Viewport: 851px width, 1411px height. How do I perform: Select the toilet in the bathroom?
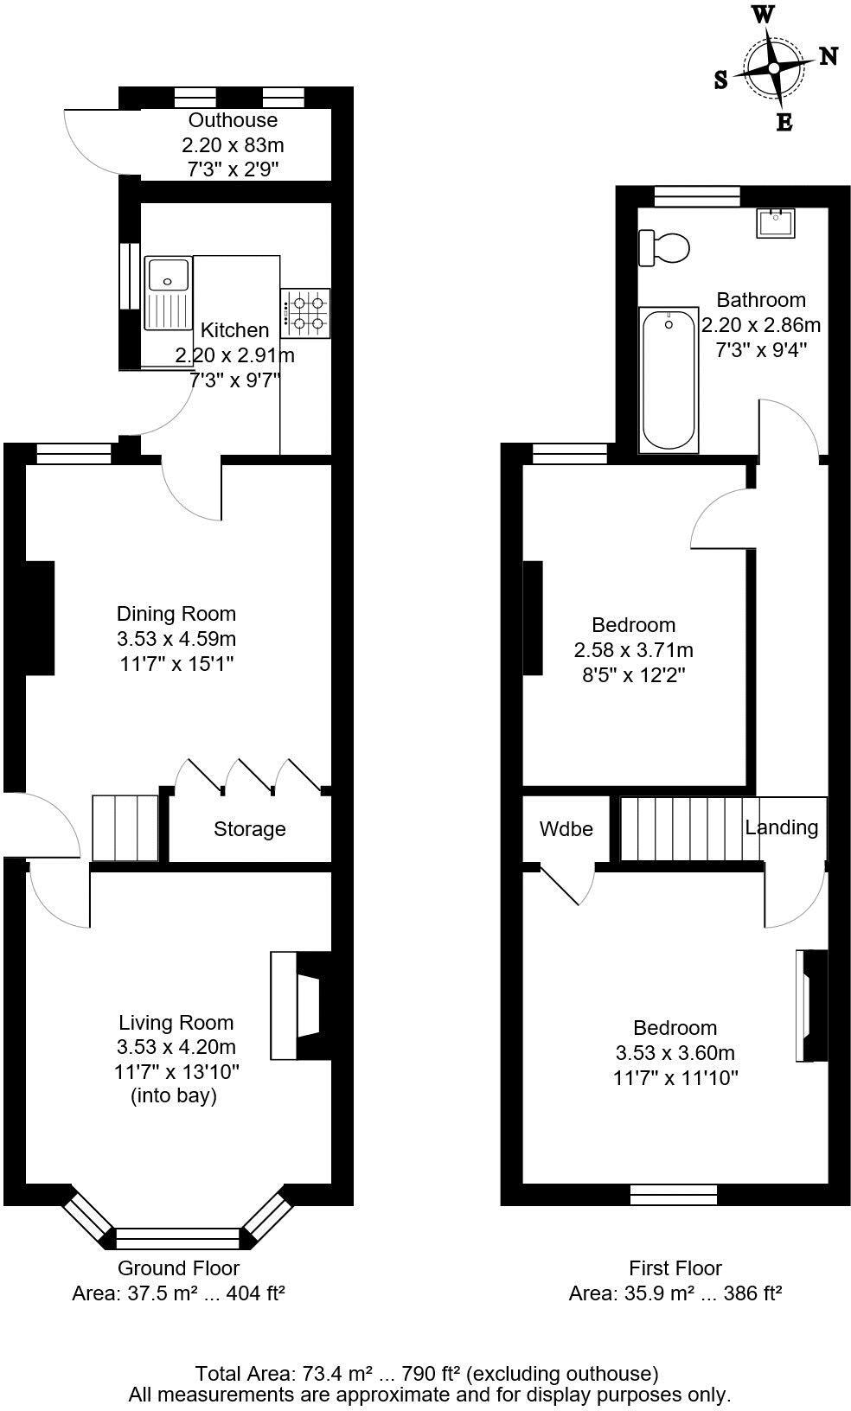pos(663,248)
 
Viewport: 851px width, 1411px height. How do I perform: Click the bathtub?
pos(668,379)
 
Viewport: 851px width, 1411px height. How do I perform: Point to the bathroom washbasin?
pos(777,223)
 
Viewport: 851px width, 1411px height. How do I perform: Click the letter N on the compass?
pos(828,56)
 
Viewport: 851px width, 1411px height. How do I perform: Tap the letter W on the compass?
pos(762,14)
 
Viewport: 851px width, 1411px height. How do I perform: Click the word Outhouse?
pos(233,120)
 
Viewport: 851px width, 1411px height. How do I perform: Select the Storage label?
pos(249,829)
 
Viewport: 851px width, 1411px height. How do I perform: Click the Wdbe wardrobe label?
pos(566,829)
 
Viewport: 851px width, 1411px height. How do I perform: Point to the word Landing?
pos(781,827)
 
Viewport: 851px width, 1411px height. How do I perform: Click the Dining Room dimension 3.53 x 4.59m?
pos(176,639)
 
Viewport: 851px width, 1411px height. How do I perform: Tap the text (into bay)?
pos(174,1095)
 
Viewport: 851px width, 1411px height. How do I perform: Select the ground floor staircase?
pos(125,827)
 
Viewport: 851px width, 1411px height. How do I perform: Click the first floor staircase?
pos(689,828)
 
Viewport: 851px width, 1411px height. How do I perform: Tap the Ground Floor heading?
pos(178,1268)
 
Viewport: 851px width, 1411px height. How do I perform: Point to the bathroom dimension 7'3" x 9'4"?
pos(761,350)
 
